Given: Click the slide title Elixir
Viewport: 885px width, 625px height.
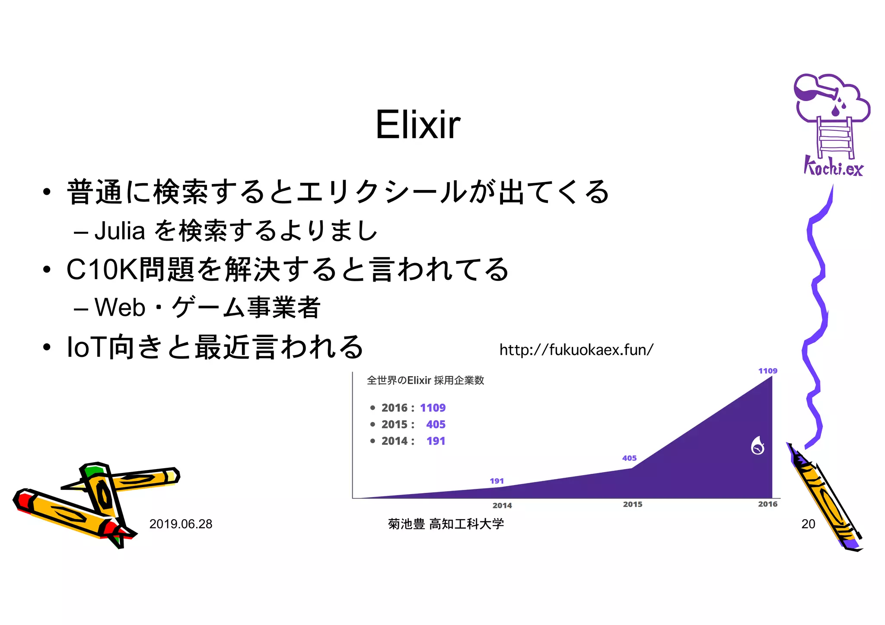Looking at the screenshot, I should pyautogui.click(x=418, y=125).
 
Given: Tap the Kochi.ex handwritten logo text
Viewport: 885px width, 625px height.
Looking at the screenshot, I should pyautogui.click(x=833, y=167).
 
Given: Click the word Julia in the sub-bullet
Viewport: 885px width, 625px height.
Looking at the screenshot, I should pyautogui.click(x=119, y=231).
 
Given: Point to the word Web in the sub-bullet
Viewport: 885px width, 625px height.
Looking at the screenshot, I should pyautogui.click(x=120, y=308).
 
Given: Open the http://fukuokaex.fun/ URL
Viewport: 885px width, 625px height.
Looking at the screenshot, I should pyautogui.click(x=576, y=349).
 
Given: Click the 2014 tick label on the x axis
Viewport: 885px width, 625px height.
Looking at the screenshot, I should pyautogui.click(x=502, y=505).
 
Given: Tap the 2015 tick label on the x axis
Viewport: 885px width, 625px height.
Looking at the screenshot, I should pyautogui.click(x=632, y=504).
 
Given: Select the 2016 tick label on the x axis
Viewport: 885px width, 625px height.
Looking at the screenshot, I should pyautogui.click(x=767, y=504).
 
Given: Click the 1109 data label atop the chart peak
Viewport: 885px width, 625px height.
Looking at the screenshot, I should pyautogui.click(x=767, y=371).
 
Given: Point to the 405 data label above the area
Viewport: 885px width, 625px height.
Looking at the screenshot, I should pyautogui.click(x=629, y=458).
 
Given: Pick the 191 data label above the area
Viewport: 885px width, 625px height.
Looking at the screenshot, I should pyautogui.click(x=497, y=481).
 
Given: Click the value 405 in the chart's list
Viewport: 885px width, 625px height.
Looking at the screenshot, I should pyautogui.click(x=436, y=424).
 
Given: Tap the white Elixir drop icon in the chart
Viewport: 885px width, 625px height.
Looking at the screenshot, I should pyautogui.click(x=758, y=446).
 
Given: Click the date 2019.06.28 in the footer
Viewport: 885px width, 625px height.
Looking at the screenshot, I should pyautogui.click(x=181, y=524).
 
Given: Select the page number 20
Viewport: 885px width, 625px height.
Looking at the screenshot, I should pyautogui.click(x=808, y=524).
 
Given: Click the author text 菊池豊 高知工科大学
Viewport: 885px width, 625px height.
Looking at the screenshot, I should pyautogui.click(x=446, y=524).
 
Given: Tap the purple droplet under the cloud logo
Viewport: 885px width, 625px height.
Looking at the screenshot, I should pyautogui.click(x=835, y=111).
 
